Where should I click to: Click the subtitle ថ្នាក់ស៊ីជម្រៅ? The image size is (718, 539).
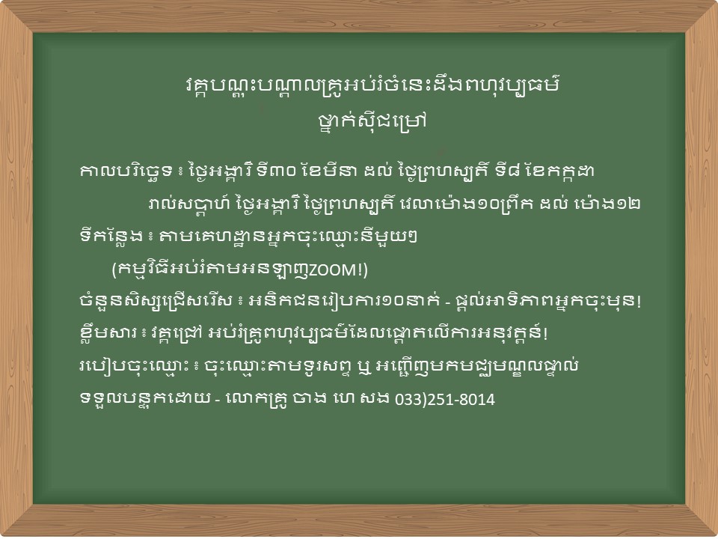(372, 121)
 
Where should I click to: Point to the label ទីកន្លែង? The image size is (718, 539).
(111, 237)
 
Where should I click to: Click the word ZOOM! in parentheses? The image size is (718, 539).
(336, 270)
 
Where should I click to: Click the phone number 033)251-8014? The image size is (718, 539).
(445, 399)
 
